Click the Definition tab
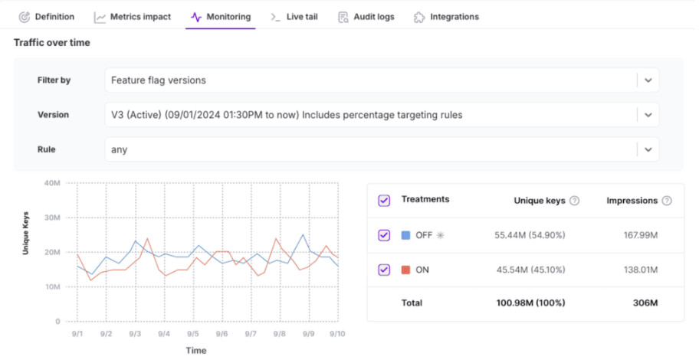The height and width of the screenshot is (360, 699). (x=47, y=16)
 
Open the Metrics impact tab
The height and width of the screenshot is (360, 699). (x=133, y=16)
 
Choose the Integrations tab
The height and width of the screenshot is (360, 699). (x=446, y=16)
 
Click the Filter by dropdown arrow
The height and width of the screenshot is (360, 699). (x=648, y=80)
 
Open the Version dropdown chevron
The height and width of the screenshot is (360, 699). (x=648, y=115)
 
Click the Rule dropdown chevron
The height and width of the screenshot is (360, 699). (x=648, y=149)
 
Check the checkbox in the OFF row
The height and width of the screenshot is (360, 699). (x=384, y=235)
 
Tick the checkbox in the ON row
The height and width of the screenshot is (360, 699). (x=384, y=270)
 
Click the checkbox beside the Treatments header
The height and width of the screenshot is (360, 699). (x=384, y=201)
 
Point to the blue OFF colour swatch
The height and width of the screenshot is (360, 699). (x=406, y=235)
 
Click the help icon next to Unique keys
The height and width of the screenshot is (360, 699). (x=575, y=201)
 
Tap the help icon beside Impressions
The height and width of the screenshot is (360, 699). (x=667, y=201)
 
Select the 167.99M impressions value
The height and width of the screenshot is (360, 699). (x=639, y=235)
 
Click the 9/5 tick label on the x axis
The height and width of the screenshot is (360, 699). (x=192, y=334)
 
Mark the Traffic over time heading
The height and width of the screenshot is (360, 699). (x=52, y=43)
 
